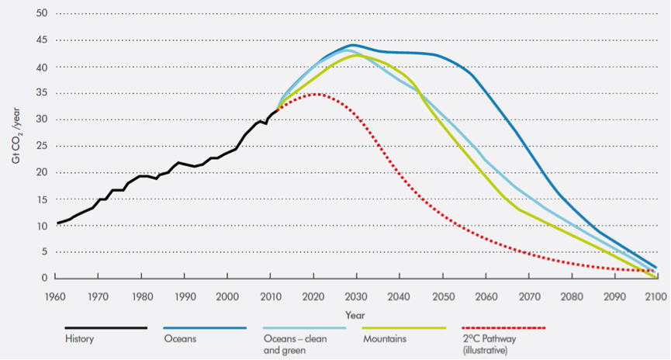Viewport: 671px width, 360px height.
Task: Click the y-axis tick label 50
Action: click(43, 13)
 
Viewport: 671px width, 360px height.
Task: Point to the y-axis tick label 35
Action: click(43, 93)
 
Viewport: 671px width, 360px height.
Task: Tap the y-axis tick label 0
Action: click(46, 278)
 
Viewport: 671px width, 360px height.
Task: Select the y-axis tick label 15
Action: click(43, 199)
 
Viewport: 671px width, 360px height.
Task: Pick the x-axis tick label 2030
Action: click(356, 296)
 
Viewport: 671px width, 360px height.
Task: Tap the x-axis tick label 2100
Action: click(656, 296)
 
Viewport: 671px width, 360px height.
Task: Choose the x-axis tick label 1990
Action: click(185, 296)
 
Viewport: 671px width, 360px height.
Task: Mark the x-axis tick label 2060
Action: click(485, 296)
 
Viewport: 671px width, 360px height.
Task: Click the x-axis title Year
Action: click(356, 316)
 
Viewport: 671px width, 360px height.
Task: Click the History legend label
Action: click(79, 338)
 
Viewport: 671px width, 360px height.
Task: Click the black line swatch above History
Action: click(105, 328)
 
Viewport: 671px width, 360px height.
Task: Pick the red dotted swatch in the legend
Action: click(503, 328)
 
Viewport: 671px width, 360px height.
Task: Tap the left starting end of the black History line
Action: click(58, 223)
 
